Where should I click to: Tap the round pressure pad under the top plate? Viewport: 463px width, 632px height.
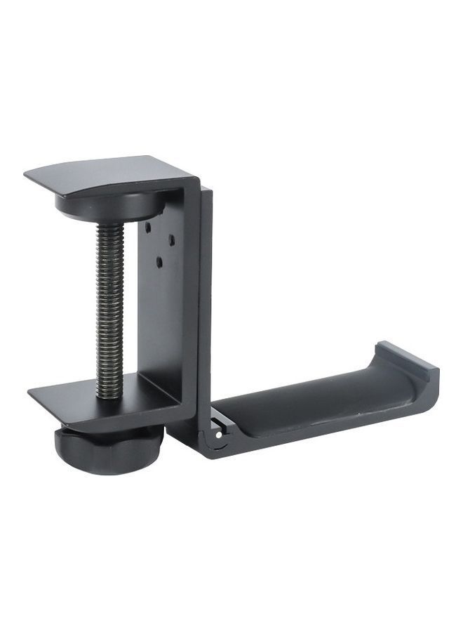tap(109, 208)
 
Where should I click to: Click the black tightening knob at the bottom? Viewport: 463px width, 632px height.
tap(109, 449)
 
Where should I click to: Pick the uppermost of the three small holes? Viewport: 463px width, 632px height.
tap(149, 227)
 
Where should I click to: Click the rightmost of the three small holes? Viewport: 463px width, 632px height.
tap(172, 239)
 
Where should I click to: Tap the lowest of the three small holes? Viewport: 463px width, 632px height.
tap(160, 262)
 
